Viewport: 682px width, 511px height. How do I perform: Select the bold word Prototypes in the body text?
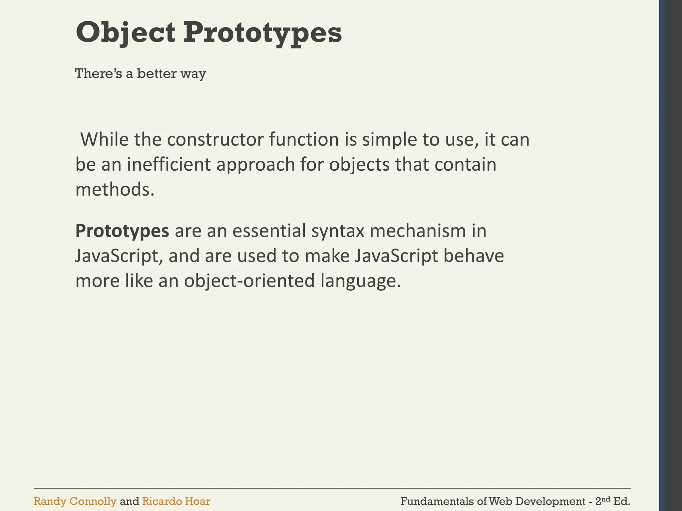click(x=122, y=231)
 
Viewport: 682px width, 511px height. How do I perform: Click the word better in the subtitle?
click(x=157, y=74)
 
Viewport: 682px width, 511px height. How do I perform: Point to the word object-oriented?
click(x=249, y=281)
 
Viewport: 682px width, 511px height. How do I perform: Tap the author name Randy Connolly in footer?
click(x=75, y=501)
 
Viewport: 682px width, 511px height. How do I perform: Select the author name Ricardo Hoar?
click(x=176, y=501)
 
